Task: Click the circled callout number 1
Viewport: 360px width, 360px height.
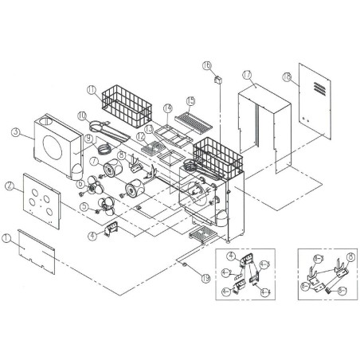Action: tap(6, 237)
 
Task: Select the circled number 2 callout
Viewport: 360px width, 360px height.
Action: tap(9, 185)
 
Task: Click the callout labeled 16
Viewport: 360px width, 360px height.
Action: tap(206, 66)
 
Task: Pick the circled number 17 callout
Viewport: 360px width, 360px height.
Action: tap(247, 75)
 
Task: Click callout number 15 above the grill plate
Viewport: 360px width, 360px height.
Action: tap(190, 101)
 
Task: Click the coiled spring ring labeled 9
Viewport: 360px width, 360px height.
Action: tap(103, 148)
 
